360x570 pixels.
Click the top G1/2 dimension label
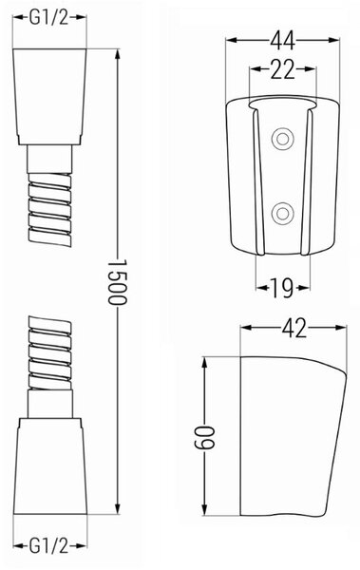[48, 17]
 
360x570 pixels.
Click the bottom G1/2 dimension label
[48, 545]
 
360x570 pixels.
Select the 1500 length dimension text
[118, 282]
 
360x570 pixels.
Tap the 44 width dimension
[282, 40]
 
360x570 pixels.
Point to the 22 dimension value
[282, 69]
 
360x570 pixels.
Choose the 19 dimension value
[283, 288]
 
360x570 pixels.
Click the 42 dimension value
[294, 329]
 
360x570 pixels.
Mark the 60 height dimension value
[205, 436]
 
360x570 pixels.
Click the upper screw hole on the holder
[282, 139]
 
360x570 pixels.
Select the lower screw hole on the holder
[282, 214]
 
